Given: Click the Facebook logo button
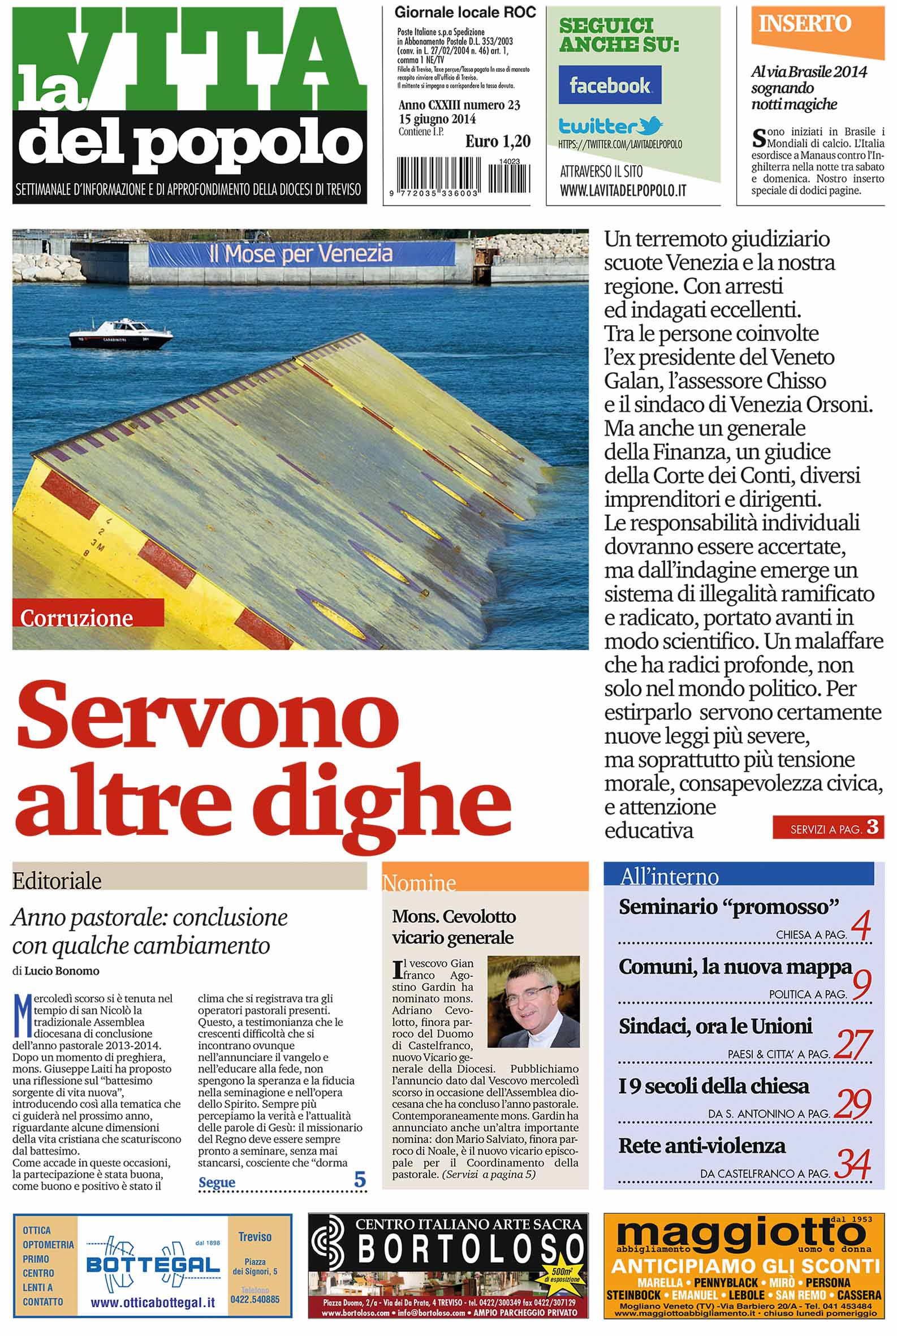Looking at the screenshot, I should tap(610, 85).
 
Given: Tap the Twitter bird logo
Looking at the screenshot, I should tap(652, 125).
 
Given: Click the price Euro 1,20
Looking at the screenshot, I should tap(498, 141).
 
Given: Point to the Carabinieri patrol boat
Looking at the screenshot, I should tap(121, 335).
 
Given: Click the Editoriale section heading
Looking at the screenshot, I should tap(57, 881).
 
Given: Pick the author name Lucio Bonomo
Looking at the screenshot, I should tap(62, 971).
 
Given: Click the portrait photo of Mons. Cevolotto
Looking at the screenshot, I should tap(533, 1001).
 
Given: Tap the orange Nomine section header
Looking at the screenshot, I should tap(419, 883).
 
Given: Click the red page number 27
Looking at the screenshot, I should tap(852, 1044).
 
